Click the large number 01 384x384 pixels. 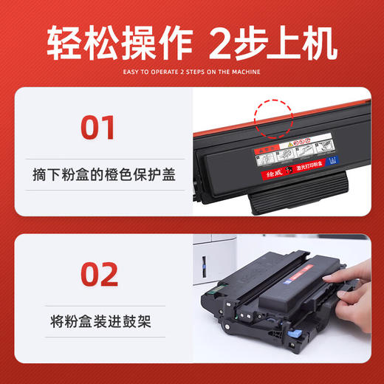coord(98,127)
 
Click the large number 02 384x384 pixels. coord(98,274)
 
